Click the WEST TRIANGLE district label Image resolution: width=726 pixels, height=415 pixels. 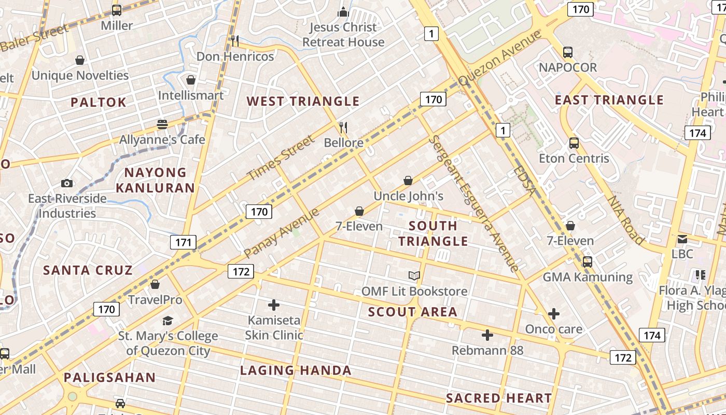(303, 101)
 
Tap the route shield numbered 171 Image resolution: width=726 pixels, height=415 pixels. (183, 242)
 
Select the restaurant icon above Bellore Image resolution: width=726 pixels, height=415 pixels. (343, 127)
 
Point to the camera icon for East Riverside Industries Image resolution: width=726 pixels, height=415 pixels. (67, 183)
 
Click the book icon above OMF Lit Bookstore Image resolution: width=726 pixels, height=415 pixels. (414, 276)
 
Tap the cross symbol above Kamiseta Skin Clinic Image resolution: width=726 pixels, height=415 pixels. (274, 305)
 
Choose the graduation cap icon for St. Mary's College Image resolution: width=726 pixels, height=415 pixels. (167, 321)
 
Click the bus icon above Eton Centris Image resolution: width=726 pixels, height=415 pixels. (574, 143)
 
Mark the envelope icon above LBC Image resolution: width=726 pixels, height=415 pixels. (682, 239)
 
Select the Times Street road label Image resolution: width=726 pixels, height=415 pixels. (281, 158)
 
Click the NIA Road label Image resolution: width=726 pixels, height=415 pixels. (625, 219)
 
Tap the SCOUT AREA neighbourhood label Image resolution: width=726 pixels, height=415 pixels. (413, 312)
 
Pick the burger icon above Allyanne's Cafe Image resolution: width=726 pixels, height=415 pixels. (162, 125)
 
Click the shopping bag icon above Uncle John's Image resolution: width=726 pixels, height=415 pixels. (409, 181)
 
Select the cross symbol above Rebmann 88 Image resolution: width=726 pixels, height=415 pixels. (487, 335)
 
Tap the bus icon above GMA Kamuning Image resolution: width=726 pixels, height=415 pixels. (588, 262)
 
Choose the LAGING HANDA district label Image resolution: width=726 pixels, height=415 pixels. (296, 370)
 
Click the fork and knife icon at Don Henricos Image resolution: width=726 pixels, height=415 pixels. (235, 40)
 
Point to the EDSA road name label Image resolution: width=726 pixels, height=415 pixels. (524, 181)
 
